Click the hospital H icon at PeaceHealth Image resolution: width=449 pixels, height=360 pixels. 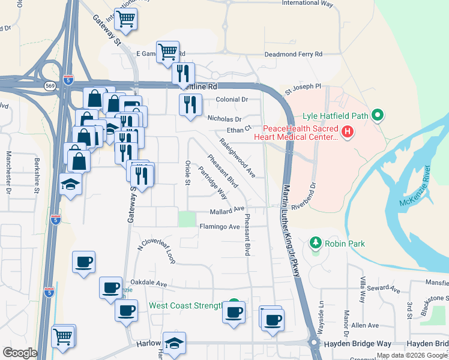[346, 131]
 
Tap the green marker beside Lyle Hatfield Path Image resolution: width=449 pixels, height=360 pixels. [378, 114]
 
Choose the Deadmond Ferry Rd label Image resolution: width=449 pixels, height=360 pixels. [294, 55]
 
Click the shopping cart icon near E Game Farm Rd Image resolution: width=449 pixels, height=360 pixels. [167, 52]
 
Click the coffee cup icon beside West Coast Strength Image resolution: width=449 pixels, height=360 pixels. [234, 311]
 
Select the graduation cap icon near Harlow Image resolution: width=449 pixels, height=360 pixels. [174, 343]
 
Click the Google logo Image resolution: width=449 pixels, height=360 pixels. [20, 353]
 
